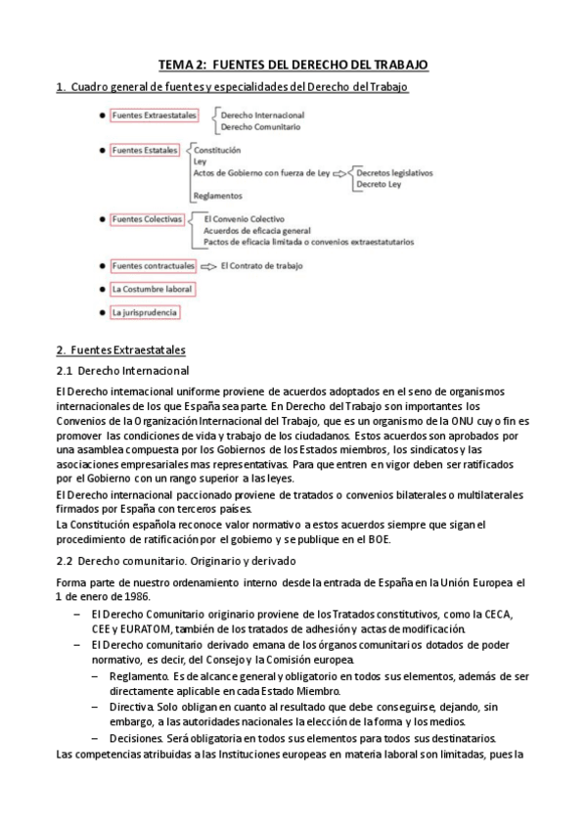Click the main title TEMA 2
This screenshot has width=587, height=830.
293,65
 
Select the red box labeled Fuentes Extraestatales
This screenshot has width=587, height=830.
155,115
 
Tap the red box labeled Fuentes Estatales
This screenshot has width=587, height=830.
145,151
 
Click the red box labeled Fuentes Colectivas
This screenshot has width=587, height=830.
148,220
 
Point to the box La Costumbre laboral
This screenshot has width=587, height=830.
152,289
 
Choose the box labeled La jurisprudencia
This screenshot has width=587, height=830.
145,312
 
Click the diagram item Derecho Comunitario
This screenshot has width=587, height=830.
259,127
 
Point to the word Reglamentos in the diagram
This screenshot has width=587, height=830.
217,196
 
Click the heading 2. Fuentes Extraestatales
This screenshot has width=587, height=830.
121,349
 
